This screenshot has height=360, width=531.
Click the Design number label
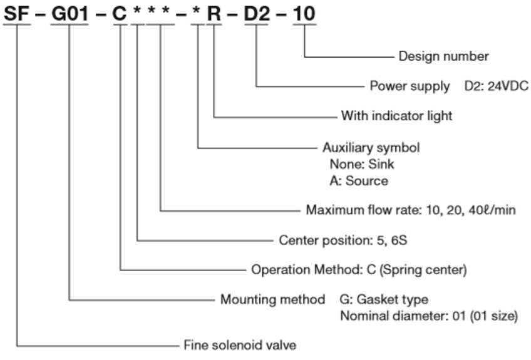pyautogui.click(x=443, y=56)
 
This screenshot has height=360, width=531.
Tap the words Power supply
pyautogui.click(x=410, y=86)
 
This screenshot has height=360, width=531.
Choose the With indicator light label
pyautogui.click(x=396, y=116)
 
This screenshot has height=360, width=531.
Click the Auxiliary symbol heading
pyautogui.click(x=370, y=148)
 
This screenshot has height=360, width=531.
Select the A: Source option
pyautogui.click(x=358, y=181)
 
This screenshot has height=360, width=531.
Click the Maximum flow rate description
pyautogui.click(x=411, y=210)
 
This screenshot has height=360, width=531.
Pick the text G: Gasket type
pyautogui.click(x=383, y=300)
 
